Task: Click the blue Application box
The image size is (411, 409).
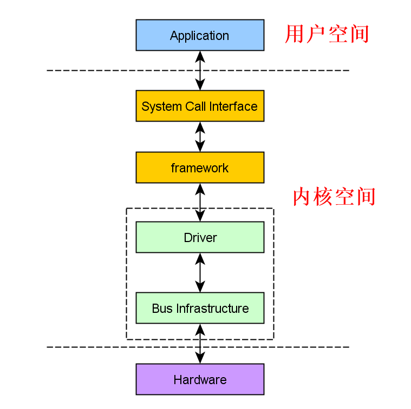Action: pyautogui.click(x=200, y=35)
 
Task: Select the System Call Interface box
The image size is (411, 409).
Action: pyautogui.click(x=200, y=106)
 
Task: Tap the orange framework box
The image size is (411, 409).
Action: pyautogui.click(x=200, y=167)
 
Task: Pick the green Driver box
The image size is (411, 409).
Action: pyautogui.click(x=200, y=237)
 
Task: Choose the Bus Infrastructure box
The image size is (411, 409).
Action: pyautogui.click(x=200, y=308)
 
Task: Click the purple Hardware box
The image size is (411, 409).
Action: pyautogui.click(x=200, y=379)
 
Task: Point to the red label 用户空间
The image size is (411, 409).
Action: pyautogui.click(x=327, y=34)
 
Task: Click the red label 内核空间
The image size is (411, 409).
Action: pyautogui.click(x=334, y=197)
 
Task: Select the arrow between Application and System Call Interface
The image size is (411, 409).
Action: pyautogui.click(x=200, y=70)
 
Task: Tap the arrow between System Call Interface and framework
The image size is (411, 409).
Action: pyautogui.click(x=200, y=137)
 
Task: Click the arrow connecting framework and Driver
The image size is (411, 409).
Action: pyautogui.click(x=200, y=202)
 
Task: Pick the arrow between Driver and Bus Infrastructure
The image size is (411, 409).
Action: pyautogui.click(x=200, y=272)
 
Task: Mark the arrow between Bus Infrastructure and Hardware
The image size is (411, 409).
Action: pyautogui.click(x=200, y=343)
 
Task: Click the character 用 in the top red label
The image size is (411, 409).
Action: pyautogui.click(x=295, y=34)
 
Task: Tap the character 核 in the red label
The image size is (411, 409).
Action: pyautogui.click(x=323, y=197)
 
